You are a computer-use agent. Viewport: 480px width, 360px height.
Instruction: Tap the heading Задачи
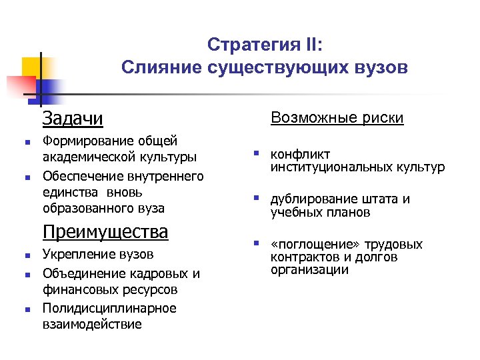(x=73, y=119)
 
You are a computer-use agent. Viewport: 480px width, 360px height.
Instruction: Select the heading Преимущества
(x=105, y=232)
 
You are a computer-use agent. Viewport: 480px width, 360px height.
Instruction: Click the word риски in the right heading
(x=379, y=118)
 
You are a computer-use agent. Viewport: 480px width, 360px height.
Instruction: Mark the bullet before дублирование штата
(x=255, y=198)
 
